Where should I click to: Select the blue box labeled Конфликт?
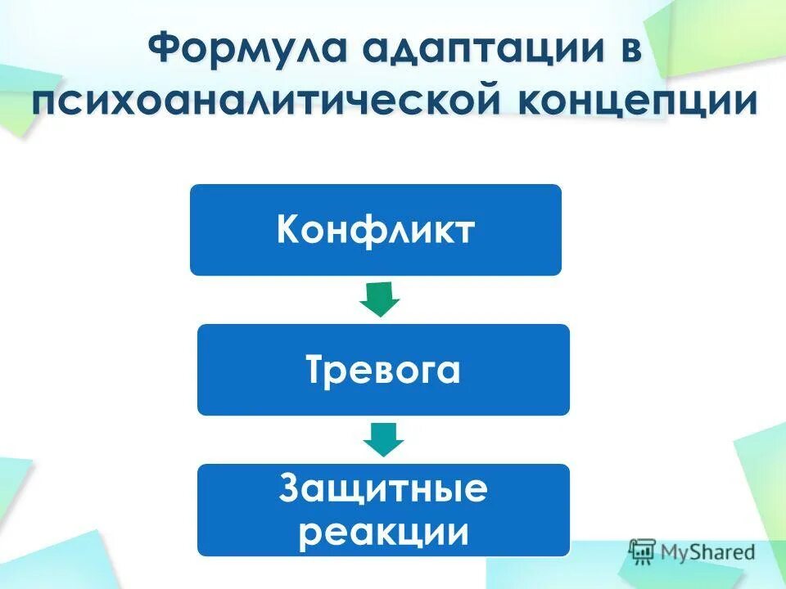(x=376, y=230)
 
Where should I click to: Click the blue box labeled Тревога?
(x=383, y=370)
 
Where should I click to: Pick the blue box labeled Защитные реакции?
(x=383, y=510)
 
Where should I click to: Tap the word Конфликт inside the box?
(x=376, y=231)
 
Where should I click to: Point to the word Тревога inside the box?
(x=383, y=371)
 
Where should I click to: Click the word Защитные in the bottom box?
(x=383, y=489)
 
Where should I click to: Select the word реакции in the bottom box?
(x=383, y=532)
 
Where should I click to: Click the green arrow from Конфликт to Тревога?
(x=379, y=299)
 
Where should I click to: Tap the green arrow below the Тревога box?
(x=383, y=439)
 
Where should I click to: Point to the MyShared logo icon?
(x=643, y=551)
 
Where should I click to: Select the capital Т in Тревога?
(x=316, y=371)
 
